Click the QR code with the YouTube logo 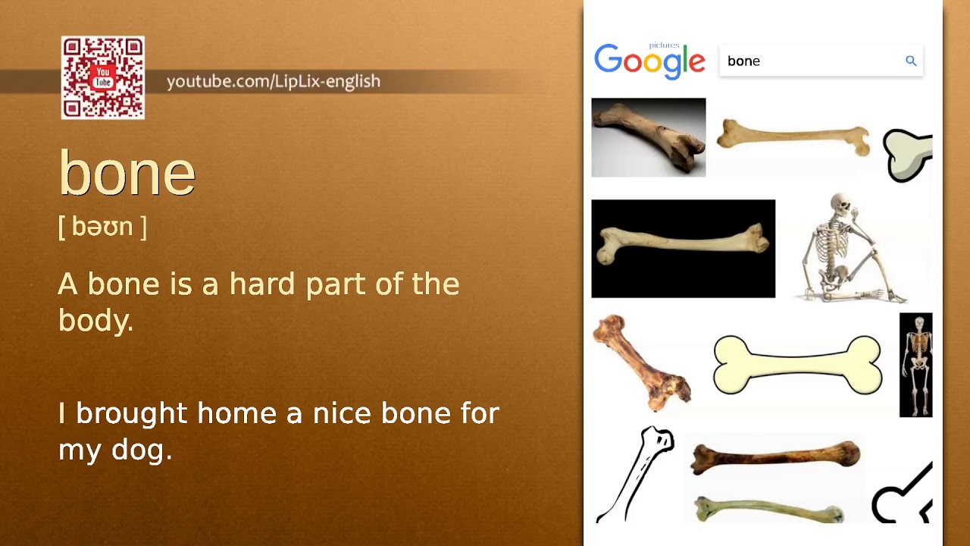click(103, 78)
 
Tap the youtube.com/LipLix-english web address click(273, 81)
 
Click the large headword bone click(127, 174)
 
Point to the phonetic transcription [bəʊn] click(102, 226)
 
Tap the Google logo click(649, 61)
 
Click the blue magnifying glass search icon click(911, 61)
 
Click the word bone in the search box click(743, 61)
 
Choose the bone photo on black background click(683, 249)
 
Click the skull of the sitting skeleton click(840, 204)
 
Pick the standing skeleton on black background click(915, 365)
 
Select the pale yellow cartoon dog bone click(797, 366)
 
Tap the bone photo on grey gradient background click(648, 137)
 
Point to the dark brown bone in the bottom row click(775, 456)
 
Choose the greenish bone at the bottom click(769, 509)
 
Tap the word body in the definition click(95, 321)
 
